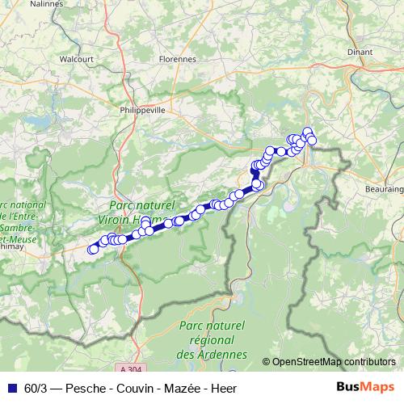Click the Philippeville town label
[141, 110]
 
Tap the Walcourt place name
[76, 58]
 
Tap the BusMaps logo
[366, 387]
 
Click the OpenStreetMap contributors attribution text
[334, 361]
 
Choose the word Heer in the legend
[224, 388]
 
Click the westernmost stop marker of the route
[93, 249]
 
